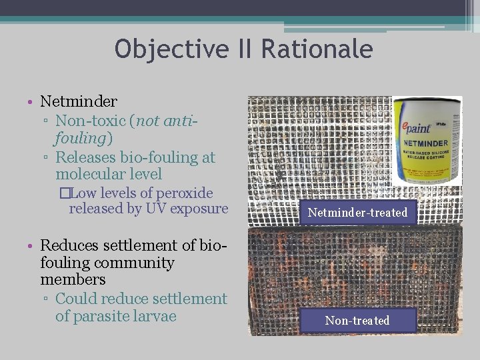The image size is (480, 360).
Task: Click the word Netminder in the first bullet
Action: [79, 101]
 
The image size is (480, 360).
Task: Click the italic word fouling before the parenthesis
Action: [82, 138]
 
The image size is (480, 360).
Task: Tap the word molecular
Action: [89, 174]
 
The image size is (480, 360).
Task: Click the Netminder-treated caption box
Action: [357, 213]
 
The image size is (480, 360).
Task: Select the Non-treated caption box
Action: [357, 321]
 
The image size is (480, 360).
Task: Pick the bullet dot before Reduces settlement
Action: [31, 246]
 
